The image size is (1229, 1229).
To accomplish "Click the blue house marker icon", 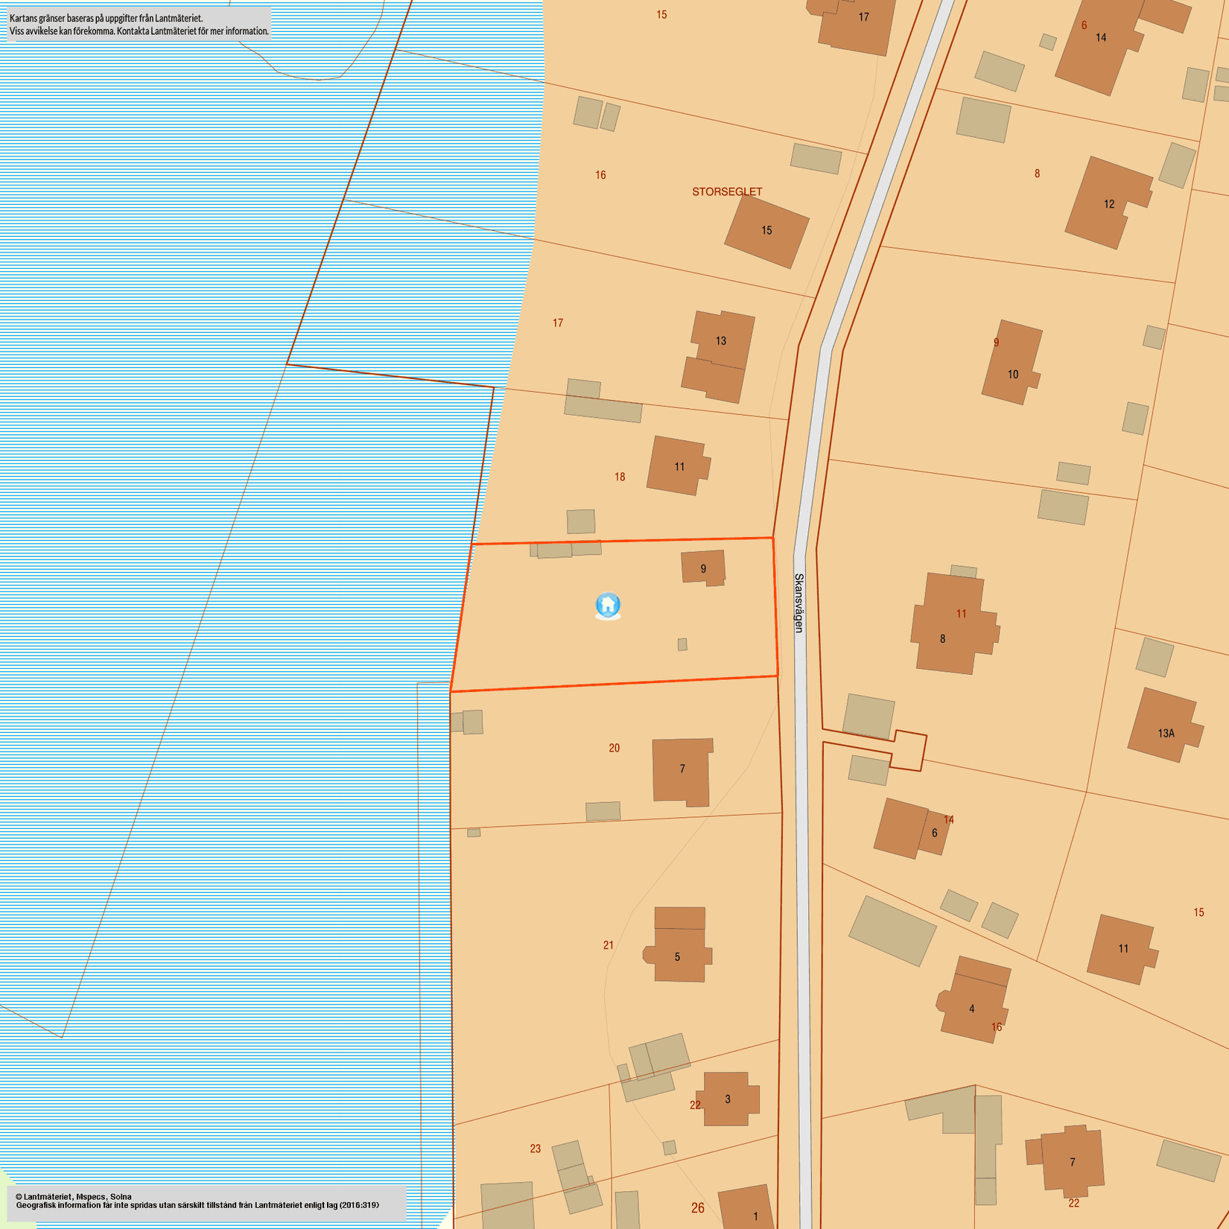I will (x=608, y=605).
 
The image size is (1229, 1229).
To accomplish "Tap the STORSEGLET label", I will (x=727, y=191).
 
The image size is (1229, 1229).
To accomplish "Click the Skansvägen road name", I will (x=799, y=603).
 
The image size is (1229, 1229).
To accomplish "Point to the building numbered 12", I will (x=1107, y=203).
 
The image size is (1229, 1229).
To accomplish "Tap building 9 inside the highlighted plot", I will (x=702, y=568).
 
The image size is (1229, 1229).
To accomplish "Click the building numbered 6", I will (x=910, y=829).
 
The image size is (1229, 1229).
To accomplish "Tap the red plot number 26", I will (x=697, y=1207).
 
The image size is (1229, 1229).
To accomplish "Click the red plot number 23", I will (x=535, y=1149).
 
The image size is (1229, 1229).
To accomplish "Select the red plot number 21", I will (x=609, y=945).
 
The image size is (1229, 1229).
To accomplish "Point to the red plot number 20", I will (x=614, y=748).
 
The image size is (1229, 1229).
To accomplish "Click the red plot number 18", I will (x=620, y=477).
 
